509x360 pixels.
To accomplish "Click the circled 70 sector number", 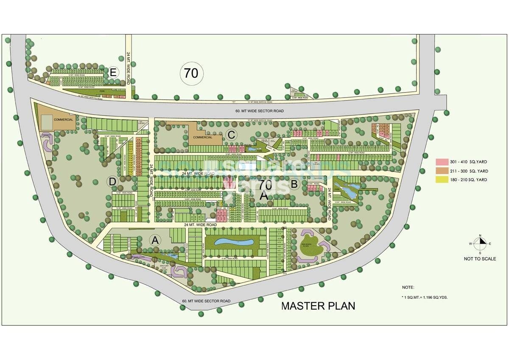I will point(191,73).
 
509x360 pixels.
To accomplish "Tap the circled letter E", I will point(112,72).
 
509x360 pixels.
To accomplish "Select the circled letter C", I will point(231,135).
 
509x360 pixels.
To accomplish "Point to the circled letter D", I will point(112,182).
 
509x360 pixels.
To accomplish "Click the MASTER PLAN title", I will point(318,306).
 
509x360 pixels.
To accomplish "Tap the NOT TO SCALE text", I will point(480,259).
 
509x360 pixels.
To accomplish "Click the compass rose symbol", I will point(480,244).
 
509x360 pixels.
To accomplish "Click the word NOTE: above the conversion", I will point(408,287).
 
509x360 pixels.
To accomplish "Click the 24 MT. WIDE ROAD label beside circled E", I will point(129,67).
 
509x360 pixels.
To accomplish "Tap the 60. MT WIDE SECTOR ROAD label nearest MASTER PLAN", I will point(206,301).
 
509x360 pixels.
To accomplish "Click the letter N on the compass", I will point(480,236).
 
